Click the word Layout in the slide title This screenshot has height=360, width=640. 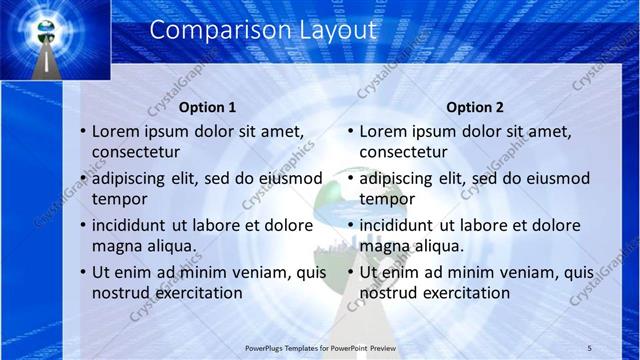point(339,30)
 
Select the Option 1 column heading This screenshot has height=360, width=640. point(207,107)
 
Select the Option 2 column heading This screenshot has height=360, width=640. point(474,107)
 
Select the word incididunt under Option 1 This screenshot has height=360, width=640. point(134,226)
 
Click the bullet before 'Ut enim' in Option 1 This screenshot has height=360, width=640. point(83,273)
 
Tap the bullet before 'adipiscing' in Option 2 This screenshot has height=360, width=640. point(350,179)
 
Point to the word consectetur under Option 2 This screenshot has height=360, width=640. point(404,152)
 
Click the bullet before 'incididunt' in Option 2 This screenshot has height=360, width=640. point(350,226)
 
